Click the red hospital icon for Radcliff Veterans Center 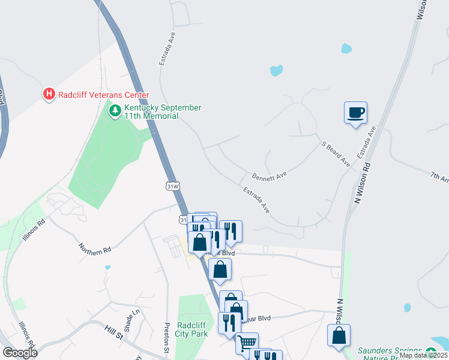click(49, 94)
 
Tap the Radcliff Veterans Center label click(103, 95)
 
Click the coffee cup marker click(355, 112)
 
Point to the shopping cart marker click(247, 344)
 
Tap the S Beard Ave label click(336, 154)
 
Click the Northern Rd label click(95, 247)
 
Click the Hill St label click(113, 329)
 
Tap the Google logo click(20, 353)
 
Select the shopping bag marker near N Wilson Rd click(339, 335)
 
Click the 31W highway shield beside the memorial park click(173, 187)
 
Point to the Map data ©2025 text click(423, 355)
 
